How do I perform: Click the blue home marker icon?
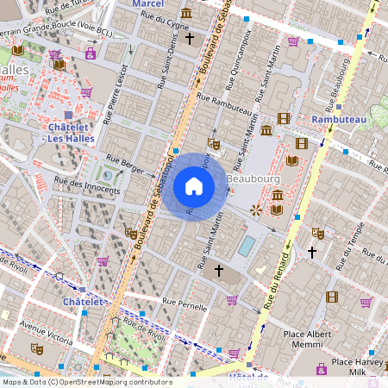194,185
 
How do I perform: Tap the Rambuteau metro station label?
339,118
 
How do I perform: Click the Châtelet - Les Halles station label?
66,133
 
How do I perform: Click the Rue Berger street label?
125,160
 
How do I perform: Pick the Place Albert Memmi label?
308,337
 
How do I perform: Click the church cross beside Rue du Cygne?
190,39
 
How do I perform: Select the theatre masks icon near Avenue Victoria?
37,347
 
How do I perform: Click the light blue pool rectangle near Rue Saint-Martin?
247,247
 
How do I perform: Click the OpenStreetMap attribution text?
86,382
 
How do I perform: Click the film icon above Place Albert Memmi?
332,297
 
